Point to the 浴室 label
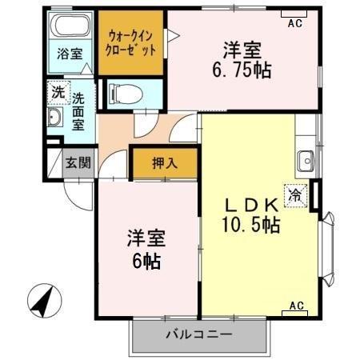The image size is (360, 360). pos(69,54)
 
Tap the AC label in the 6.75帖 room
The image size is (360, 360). pos(294,23)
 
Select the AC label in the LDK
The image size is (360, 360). pos(296,305)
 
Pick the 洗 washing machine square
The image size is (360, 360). pos(57,90)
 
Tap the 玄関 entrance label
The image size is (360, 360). pos(78,162)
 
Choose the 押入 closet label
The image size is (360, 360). pos(166,162)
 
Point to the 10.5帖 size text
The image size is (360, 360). pos(250,225)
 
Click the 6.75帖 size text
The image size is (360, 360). pos(241,70)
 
